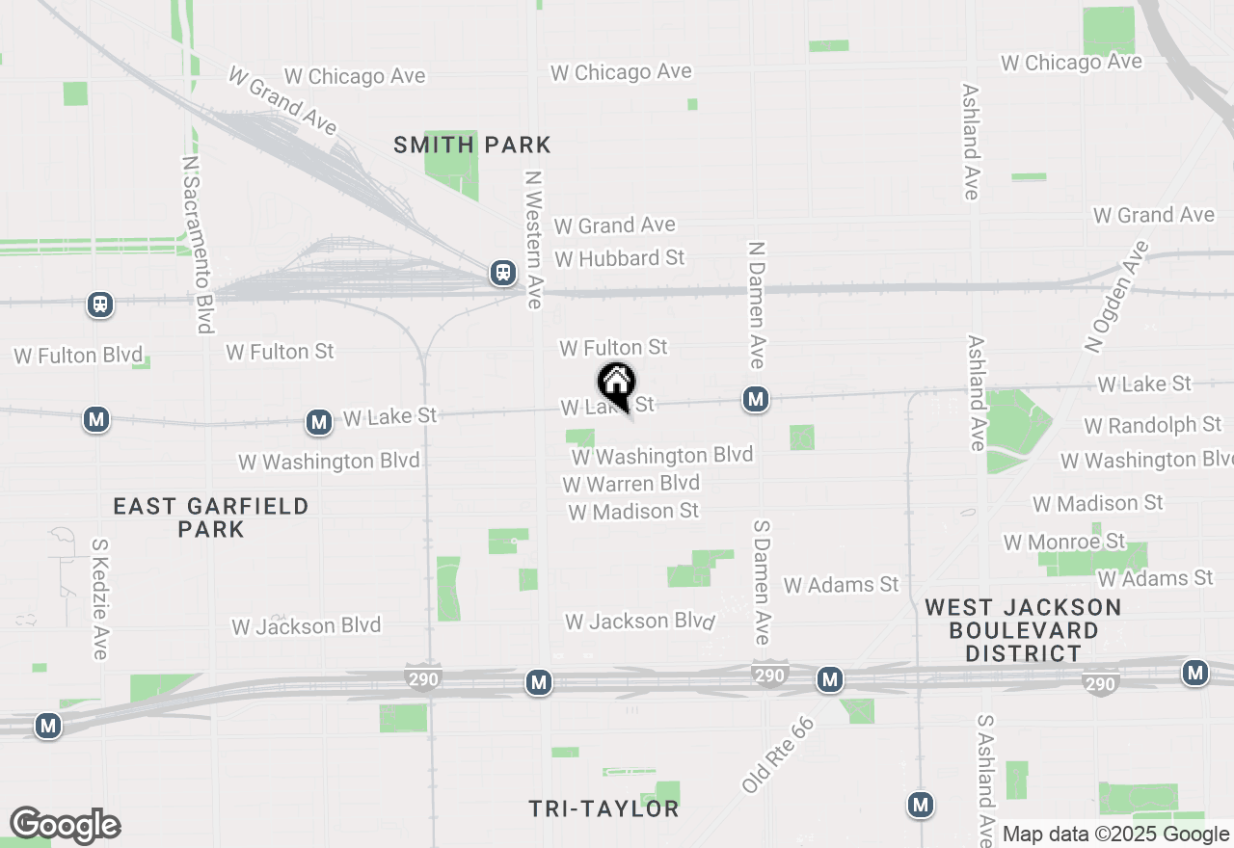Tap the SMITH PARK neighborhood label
click(x=472, y=146)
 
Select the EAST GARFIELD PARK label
click(x=211, y=517)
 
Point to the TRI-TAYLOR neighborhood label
click(x=604, y=808)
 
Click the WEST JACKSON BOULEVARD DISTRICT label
click(x=1024, y=630)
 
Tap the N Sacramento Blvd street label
click(x=196, y=245)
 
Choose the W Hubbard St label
click(x=619, y=258)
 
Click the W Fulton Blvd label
click(x=78, y=356)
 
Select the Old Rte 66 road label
click(x=778, y=755)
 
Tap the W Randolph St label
click(x=1152, y=425)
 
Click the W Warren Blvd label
click(x=631, y=483)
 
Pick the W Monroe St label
click(x=1063, y=542)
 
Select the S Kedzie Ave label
click(x=99, y=598)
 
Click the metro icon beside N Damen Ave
click(x=755, y=399)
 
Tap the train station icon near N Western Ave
click(x=502, y=273)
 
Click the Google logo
click(x=65, y=826)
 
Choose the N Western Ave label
click(x=532, y=240)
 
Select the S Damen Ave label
click(x=762, y=582)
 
